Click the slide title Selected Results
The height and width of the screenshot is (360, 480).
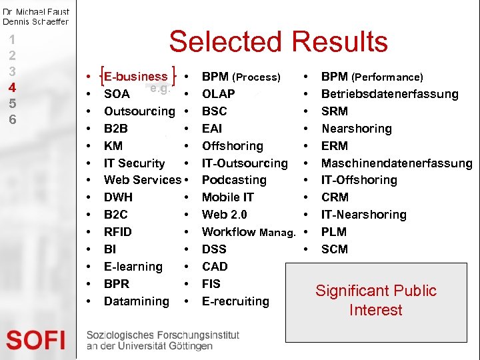click(x=278, y=42)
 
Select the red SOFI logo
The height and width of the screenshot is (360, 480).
click(x=36, y=340)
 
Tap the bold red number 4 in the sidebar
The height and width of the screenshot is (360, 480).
click(x=13, y=87)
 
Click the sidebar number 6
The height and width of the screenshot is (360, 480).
click(x=13, y=120)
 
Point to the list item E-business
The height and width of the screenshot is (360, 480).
click(x=136, y=77)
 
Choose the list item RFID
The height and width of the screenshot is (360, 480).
click(x=118, y=232)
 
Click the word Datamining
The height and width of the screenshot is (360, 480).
click(x=137, y=301)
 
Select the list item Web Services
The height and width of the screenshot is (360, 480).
click(x=143, y=180)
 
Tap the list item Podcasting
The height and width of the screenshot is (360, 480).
click(x=234, y=180)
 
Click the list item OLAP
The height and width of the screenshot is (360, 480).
click(x=218, y=94)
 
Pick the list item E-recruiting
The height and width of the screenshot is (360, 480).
click(x=235, y=301)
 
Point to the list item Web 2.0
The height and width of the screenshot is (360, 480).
click(x=225, y=215)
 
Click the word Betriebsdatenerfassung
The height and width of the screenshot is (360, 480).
click(x=390, y=94)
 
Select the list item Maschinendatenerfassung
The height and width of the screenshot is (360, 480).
click(x=397, y=163)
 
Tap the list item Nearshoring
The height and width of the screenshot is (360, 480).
click(x=357, y=129)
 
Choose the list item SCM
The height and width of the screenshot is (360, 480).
click(x=335, y=249)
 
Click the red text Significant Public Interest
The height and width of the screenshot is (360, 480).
click(x=376, y=300)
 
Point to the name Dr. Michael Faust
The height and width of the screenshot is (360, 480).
click(x=36, y=12)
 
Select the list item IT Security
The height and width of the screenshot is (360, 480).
click(x=135, y=163)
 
